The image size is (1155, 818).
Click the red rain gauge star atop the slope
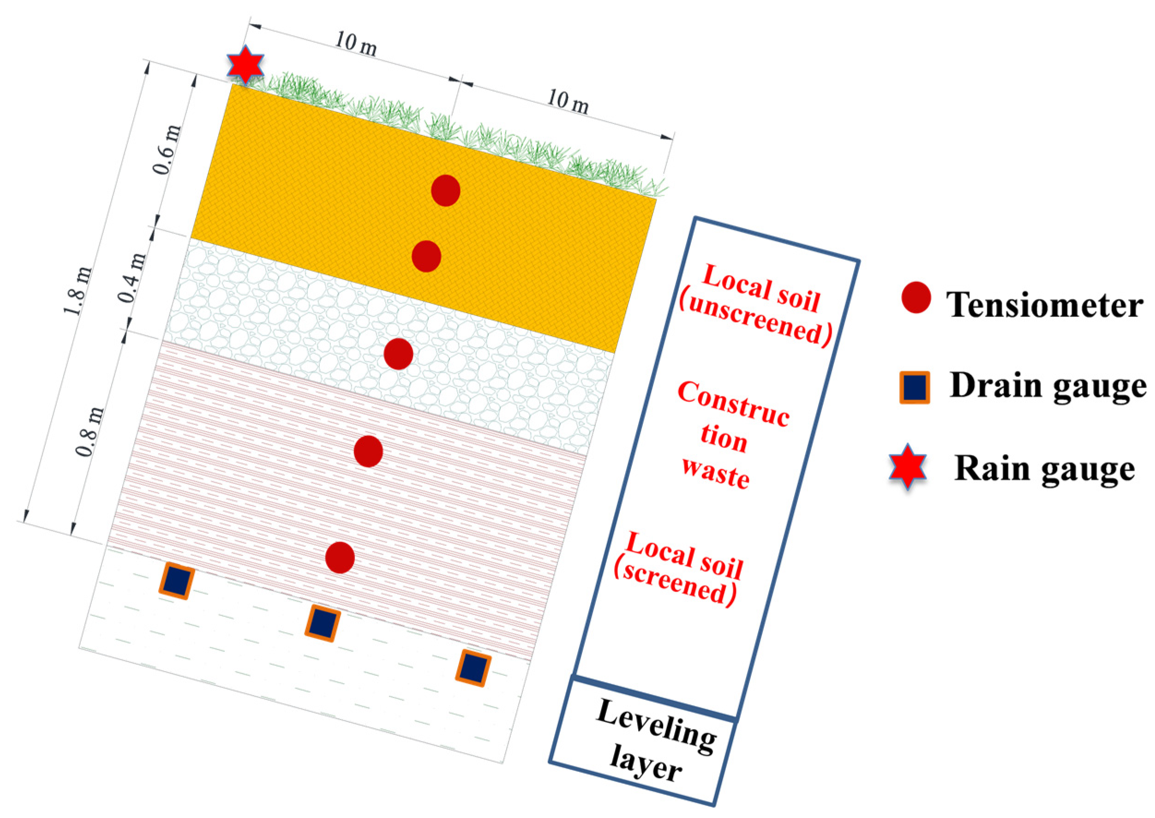(245, 65)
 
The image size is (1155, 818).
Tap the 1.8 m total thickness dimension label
(78, 291)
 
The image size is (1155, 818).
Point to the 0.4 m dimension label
(132, 278)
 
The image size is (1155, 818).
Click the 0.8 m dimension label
(91, 432)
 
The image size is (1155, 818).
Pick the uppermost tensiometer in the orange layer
(445, 191)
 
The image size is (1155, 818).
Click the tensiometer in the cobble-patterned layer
(398, 353)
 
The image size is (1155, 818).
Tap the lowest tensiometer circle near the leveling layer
(340, 558)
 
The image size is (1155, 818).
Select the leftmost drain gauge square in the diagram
(177, 582)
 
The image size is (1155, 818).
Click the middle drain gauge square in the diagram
(323, 623)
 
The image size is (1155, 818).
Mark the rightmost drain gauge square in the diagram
(473, 668)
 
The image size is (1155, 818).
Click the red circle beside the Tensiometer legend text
(915, 298)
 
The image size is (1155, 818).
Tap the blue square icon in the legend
(914, 388)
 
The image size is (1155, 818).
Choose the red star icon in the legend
(907, 466)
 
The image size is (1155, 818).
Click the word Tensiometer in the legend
(1044, 305)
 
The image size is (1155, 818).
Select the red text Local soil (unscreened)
(755, 305)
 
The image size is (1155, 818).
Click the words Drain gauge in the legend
(1047, 387)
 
